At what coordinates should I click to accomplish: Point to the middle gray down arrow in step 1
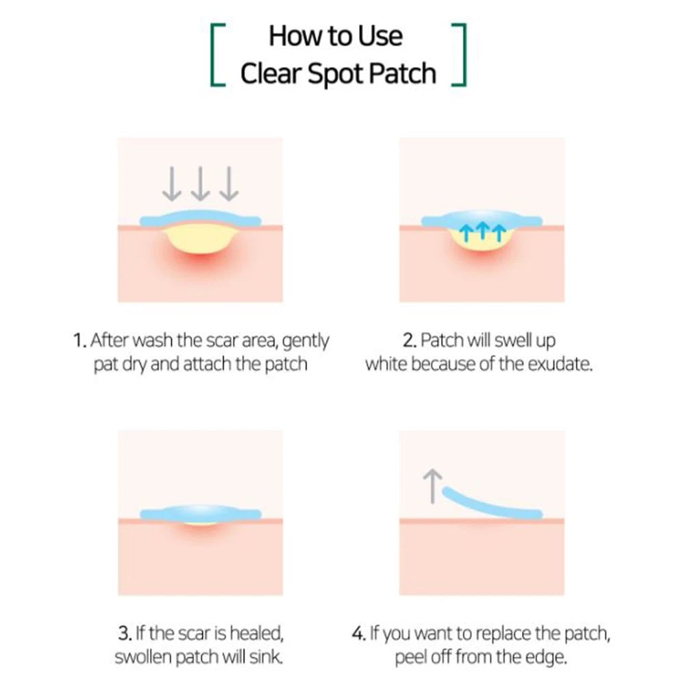(200, 184)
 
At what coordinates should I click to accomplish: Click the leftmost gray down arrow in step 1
(172, 184)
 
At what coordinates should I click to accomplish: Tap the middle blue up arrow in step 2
(482, 230)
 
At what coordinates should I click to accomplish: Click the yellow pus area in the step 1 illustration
(201, 240)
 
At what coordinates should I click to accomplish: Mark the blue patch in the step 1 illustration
(201, 218)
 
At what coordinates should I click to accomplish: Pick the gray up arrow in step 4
(432, 486)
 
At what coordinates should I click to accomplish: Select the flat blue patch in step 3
(201, 512)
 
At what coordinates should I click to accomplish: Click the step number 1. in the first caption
(80, 340)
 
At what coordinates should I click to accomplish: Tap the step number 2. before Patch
(410, 340)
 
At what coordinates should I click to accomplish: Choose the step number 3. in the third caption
(125, 633)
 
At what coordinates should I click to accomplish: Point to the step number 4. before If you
(359, 633)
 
